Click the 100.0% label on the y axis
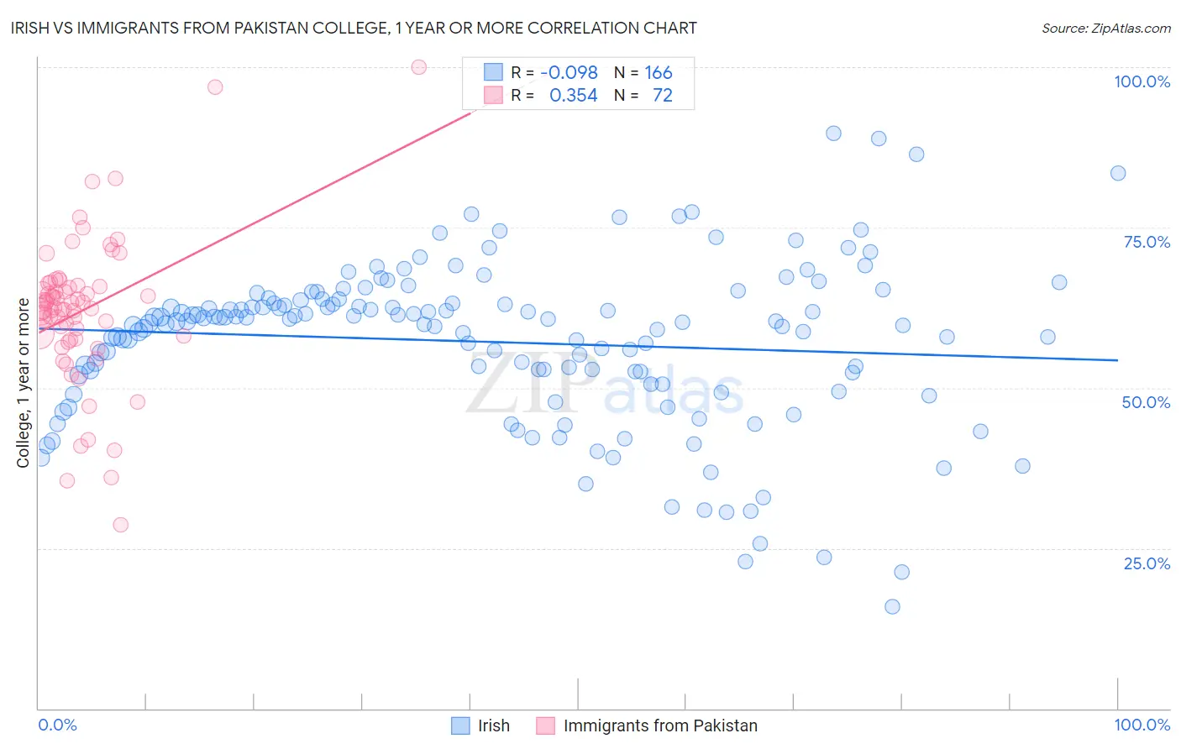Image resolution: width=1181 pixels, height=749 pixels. point(1142,81)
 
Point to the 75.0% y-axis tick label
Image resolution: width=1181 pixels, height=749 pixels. point(1147,242)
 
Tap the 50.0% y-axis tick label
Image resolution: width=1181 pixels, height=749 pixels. point(1146,402)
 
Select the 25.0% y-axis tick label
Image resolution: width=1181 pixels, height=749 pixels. point(1147,563)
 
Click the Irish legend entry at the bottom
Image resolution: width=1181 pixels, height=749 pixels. point(494,725)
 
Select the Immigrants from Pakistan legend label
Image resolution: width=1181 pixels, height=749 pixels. point(660,725)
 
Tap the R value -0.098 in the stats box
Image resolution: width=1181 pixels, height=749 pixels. point(569,72)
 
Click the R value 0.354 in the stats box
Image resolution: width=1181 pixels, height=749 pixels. point(573,96)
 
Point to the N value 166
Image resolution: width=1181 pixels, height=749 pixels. point(659,72)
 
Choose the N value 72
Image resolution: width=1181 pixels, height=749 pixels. point(662,96)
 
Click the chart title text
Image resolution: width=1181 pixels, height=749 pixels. point(354,28)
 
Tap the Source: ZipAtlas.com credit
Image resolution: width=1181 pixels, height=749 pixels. point(1105,28)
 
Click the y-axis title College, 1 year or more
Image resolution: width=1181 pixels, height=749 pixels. point(24,383)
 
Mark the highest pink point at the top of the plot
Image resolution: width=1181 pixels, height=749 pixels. point(419,67)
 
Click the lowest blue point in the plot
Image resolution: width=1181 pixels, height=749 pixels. point(892,606)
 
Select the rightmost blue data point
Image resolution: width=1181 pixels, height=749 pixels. point(1118,173)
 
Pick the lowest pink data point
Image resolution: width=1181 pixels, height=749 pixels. point(121,525)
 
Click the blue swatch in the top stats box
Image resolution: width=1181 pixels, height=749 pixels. point(493,72)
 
